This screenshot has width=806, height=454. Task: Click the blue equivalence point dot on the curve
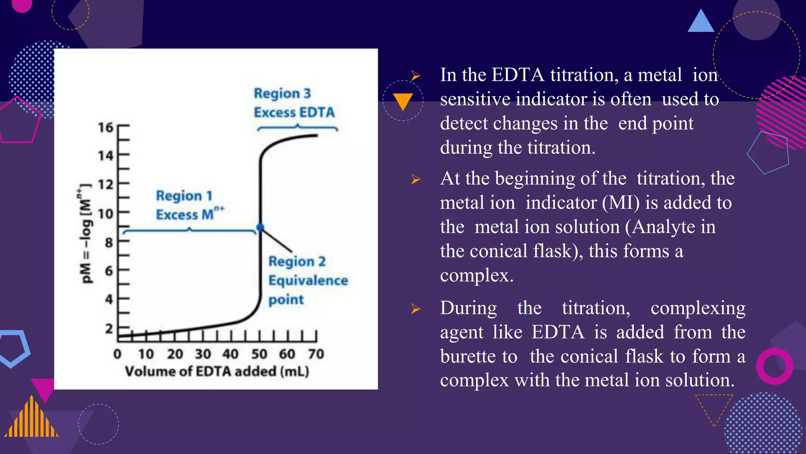(x=260, y=227)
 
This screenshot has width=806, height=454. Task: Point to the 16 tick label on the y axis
(x=105, y=127)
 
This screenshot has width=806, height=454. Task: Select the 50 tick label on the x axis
(x=259, y=354)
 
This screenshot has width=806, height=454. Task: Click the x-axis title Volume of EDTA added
(x=217, y=371)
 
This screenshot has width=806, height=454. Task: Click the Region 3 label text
(x=282, y=93)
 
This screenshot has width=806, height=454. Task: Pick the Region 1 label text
(x=184, y=195)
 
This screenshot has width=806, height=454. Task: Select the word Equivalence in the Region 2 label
(x=308, y=281)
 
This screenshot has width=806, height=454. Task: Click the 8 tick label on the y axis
(x=109, y=242)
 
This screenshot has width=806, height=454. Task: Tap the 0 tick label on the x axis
(x=117, y=354)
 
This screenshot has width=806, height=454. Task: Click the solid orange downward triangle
(x=403, y=100)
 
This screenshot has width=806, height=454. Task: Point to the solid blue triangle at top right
(x=701, y=22)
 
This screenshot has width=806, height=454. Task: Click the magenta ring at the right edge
(x=774, y=366)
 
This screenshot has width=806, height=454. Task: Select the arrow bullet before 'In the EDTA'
(x=416, y=75)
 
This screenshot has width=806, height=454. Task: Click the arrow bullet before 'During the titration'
(x=416, y=309)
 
